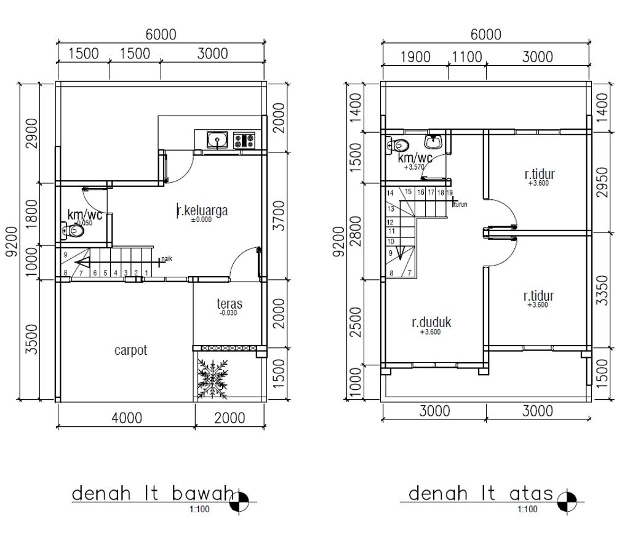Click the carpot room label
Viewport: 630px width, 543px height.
[130, 351]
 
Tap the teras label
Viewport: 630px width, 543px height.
[229, 304]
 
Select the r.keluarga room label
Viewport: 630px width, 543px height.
[202, 211]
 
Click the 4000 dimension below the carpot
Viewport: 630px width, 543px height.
[127, 418]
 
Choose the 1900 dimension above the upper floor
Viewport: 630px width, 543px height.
[415, 57]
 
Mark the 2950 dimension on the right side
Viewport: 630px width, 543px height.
[602, 182]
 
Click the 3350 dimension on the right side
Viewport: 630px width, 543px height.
[602, 290]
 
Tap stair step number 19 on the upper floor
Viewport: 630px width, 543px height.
[450, 192]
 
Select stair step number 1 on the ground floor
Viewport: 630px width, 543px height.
[146, 272]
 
